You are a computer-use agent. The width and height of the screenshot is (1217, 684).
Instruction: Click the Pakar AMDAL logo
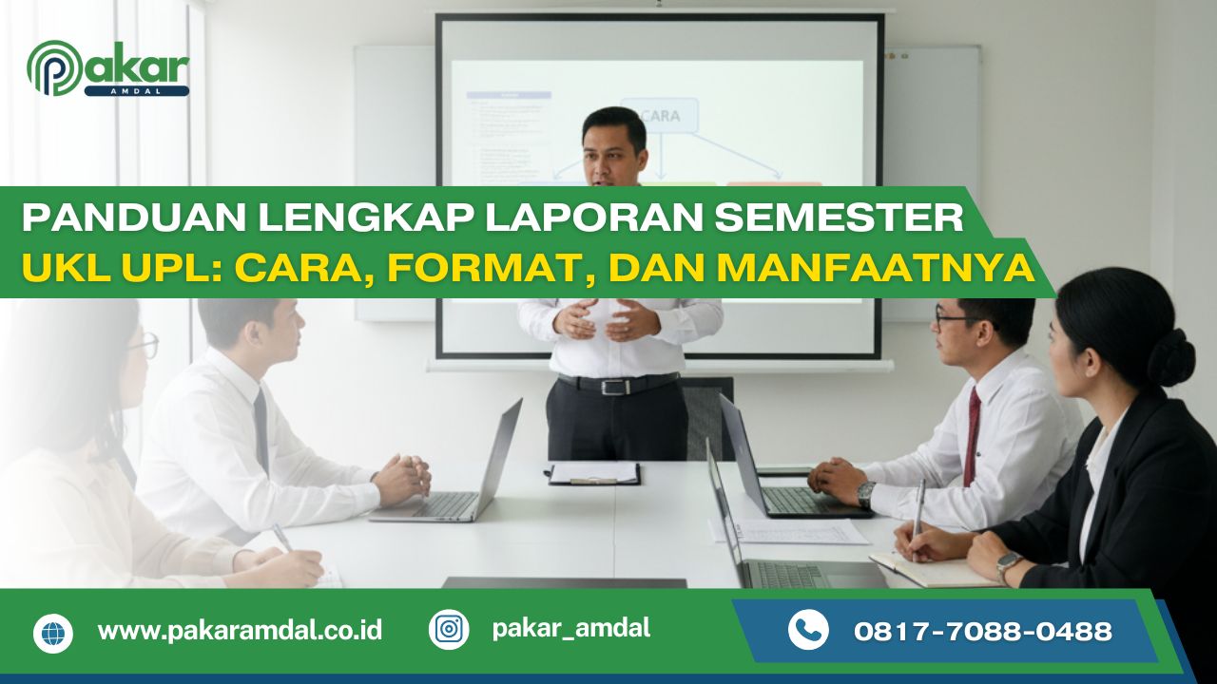click(107, 68)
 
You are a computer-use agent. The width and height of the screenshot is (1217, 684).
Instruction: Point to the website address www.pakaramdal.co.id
click(240, 631)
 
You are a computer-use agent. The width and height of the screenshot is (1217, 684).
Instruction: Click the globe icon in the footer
click(53, 633)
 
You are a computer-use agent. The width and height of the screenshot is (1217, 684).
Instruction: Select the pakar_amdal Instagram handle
click(571, 628)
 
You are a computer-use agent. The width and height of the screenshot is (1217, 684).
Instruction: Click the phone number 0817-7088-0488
click(983, 631)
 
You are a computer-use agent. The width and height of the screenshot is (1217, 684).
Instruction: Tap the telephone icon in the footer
click(808, 630)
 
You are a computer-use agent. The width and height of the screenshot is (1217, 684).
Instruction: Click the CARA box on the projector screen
click(659, 116)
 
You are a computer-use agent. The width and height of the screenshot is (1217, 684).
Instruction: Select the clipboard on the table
click(594, 473)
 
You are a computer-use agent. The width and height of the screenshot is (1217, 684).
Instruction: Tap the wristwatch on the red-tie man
click(865, 493)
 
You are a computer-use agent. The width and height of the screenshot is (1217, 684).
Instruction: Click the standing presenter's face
click(614, 151)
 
